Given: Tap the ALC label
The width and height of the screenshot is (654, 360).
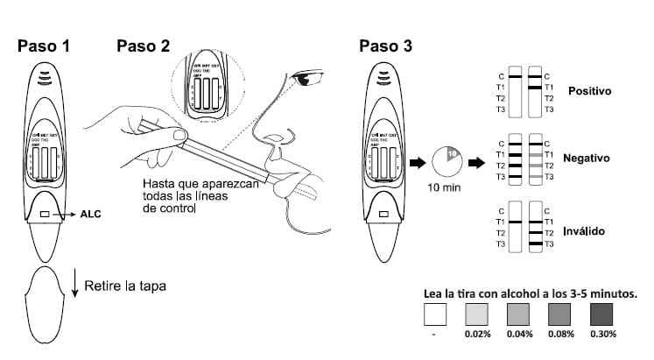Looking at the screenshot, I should [92, 213].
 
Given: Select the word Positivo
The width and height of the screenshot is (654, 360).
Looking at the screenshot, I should [588, 90].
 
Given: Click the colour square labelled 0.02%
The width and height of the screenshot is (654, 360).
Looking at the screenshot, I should [477, 316].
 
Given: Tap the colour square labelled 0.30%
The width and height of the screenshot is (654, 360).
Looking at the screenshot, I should [602, 316].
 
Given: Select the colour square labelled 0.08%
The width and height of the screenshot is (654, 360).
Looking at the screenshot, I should [560, 316].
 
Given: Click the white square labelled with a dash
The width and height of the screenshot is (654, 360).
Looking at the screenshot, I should [435, 316].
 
